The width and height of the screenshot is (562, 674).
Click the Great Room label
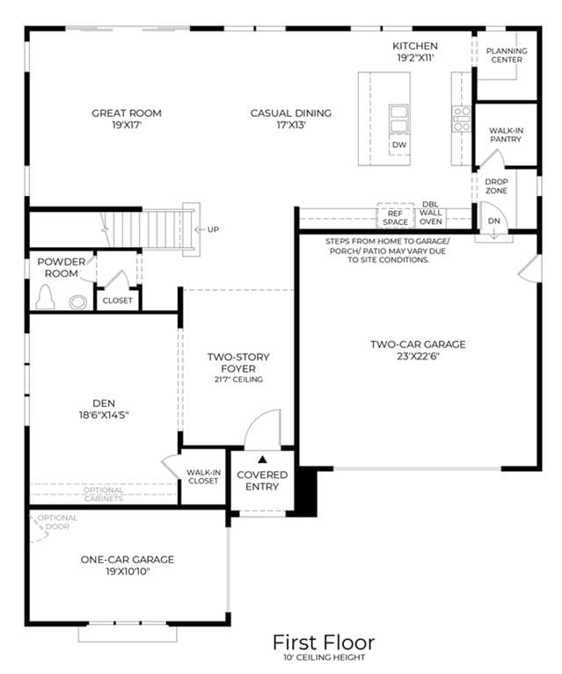click(x=127, y=113)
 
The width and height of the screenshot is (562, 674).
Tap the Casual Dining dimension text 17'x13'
click(x=291, y=125)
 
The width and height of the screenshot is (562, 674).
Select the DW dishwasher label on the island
click(x=399, y=145)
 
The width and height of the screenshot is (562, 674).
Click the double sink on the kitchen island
click(x=399, y=119)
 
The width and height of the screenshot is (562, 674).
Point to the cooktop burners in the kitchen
click(x=462, y=119)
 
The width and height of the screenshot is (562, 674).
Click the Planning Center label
click(x=507, y=55)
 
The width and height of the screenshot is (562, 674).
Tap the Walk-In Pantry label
click(x=506, y=134)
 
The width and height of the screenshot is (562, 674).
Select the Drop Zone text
click(x=496, y=186)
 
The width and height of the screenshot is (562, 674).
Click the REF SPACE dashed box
click(x=395, y=215)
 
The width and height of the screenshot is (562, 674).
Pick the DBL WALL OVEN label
click(x=431, y=213)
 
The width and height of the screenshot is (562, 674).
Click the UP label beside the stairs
click(x=213, y=229)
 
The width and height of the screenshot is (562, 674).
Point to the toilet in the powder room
click(x=45, y=297)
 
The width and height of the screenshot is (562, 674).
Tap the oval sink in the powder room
click(x=78, y=301)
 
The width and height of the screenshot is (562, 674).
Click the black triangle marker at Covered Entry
click(x=262, y=460)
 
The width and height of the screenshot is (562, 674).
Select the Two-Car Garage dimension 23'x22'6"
click(x=418, y=356)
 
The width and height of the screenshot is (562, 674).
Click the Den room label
click(x=104, y=403)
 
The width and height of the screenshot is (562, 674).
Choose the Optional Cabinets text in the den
click(x=103, y=495)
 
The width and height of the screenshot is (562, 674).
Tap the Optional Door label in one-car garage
click(x=57, y=522)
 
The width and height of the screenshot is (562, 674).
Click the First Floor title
click(x=324, y=642)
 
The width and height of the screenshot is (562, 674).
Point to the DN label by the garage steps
click(x=494, y=221)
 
